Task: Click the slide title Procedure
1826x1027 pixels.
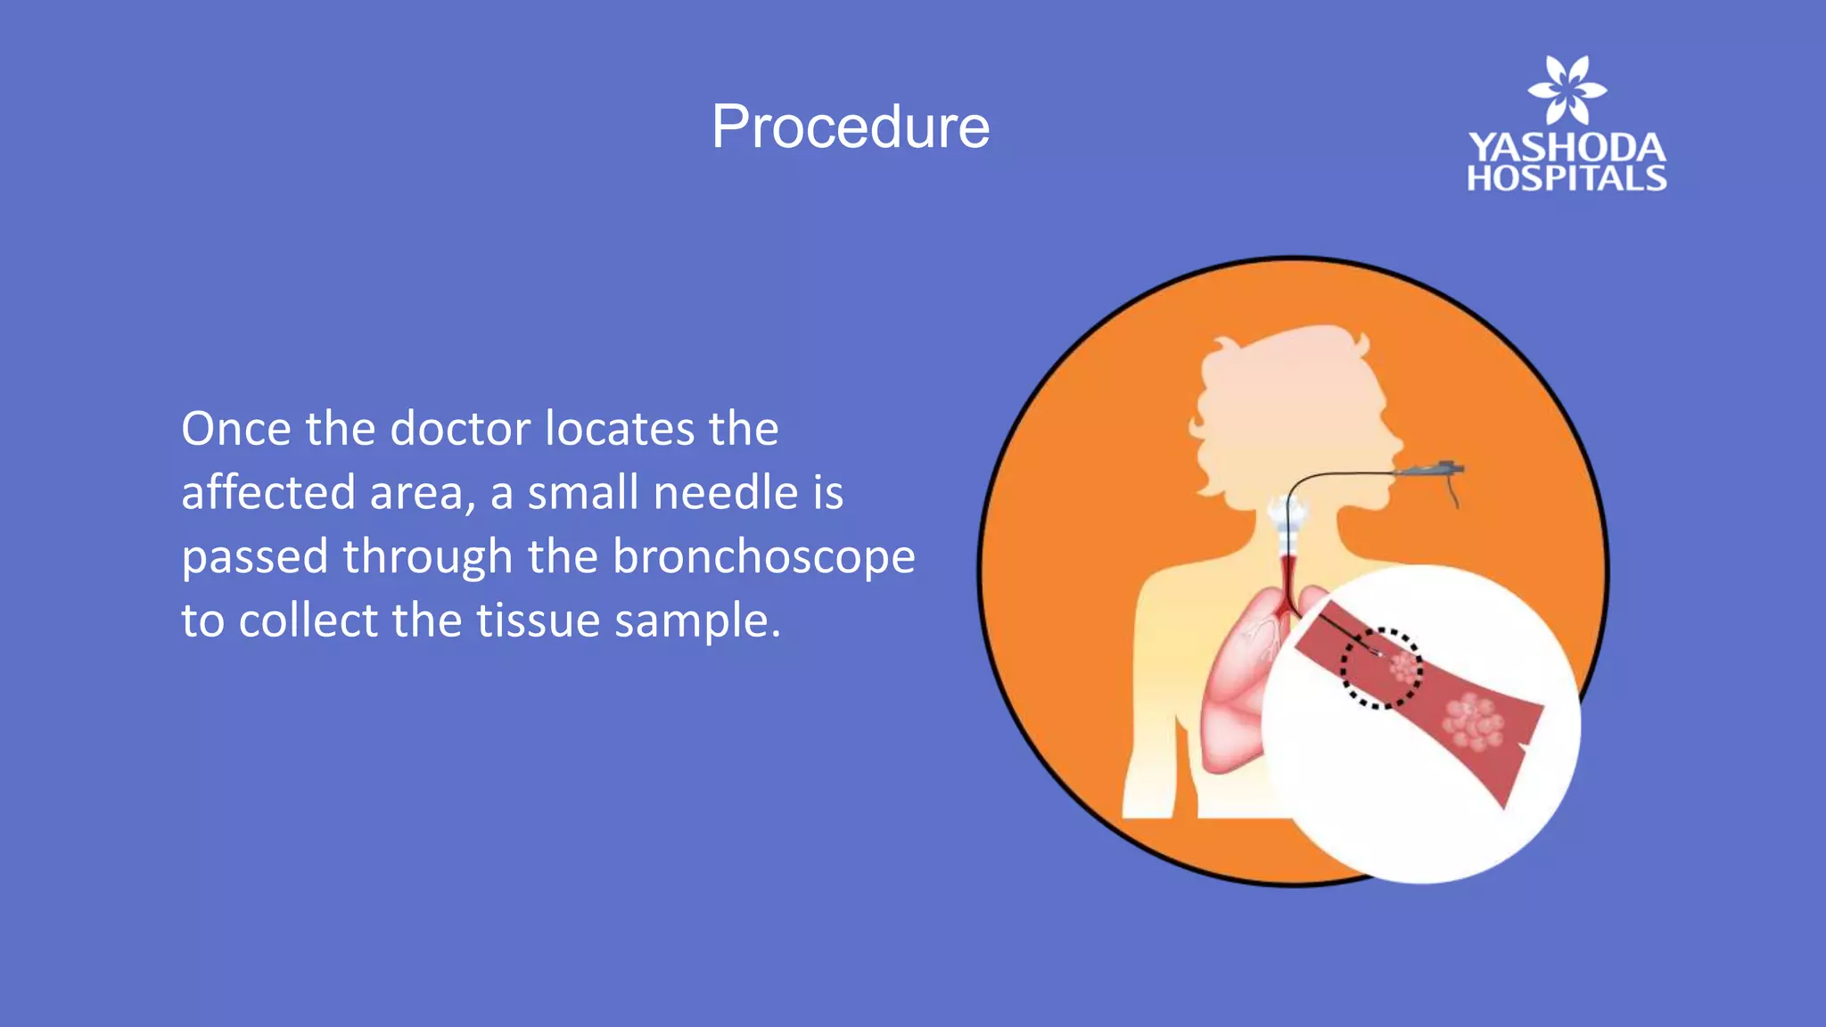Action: click(850, 127)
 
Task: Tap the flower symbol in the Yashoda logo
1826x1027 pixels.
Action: click(1567, 90)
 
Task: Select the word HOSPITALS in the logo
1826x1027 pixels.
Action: click(1567, 178)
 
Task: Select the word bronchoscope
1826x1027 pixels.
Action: click(764, 557)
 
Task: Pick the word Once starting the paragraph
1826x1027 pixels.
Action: click(236, 429)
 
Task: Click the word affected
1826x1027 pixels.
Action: click(268, 493)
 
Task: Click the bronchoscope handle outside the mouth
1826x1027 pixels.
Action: click(1432, 469)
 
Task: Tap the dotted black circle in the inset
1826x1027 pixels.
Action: click(1381, 669)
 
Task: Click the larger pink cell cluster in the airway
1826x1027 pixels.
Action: click(1475, 722)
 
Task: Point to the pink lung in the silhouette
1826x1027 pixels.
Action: click(1235, 686)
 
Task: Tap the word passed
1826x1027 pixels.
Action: click(255, 558)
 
